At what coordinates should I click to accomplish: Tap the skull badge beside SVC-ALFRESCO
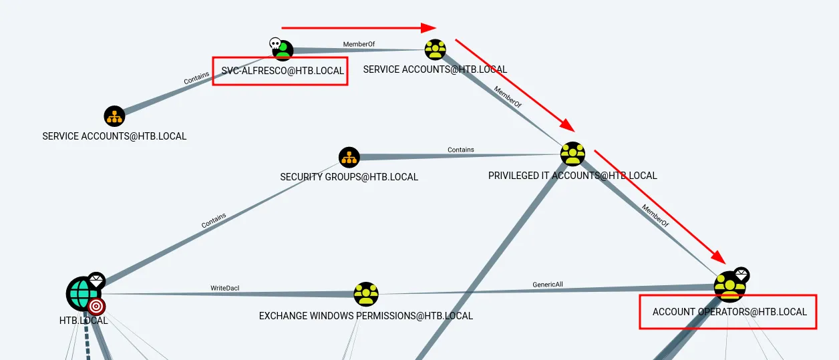pyautogui.click(x=275, y=43)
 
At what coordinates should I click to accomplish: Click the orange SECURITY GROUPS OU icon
pyautogui.click(x=349, y=158)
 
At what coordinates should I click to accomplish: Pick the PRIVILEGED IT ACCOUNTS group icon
pyautogui.click(x=572, y=154)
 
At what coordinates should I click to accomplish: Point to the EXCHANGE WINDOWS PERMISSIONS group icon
pyautogui.click(x=365, y=294)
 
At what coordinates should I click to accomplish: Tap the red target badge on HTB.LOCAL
pyautogui.click(x=97, y=307)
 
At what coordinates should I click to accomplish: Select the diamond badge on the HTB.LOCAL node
pyautogui.click(x=97, y=280)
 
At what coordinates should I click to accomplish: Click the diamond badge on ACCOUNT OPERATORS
pyautogui.click(x=741, y=275)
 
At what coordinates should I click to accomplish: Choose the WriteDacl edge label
pyautogui.click(x=224, y=289)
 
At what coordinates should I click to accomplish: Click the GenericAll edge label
pyautogui.click(x=548, y=284)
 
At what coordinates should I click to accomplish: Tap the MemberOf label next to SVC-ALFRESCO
pyautogui.click(x=359, y=44)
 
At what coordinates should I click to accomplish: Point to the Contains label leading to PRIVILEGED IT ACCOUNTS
pyautogui.click(x=461, y=150)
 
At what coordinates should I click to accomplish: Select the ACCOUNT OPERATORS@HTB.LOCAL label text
pyautogui.click(x=729, y=312)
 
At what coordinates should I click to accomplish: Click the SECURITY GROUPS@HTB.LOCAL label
pyautogui.click(x=349, y=177)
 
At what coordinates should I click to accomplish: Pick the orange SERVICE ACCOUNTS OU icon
pyautogui.click(x=115, y=116)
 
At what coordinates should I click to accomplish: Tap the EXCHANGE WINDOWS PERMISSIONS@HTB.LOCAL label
pyautogui.click(x=365, y=316)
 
